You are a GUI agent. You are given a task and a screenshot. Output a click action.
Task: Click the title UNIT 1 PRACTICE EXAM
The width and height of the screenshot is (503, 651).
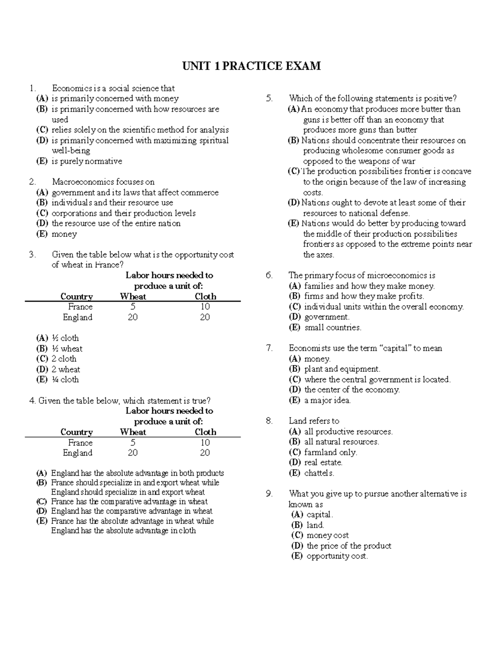point(251,66)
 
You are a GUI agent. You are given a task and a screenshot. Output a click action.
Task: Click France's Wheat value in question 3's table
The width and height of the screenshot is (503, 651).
point(133,307)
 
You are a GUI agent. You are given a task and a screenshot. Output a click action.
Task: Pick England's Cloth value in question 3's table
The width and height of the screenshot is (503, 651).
point(205,317)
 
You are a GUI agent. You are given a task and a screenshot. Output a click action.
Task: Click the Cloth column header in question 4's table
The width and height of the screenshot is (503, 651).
point(205,432)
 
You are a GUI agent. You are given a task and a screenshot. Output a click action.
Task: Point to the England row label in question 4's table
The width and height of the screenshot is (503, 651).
point(78,453)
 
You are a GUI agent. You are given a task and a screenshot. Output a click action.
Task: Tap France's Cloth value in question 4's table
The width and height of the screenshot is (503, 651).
point(205,443)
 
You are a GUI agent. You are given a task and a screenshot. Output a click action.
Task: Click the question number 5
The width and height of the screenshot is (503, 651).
point(269,99)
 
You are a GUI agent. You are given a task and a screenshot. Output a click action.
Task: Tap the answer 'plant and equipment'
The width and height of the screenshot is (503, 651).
point(342,369)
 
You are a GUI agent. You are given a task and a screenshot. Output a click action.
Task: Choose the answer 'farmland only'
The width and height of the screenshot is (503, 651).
point(330,452)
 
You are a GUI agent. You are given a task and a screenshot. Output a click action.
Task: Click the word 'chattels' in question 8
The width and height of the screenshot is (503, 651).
point(319,473)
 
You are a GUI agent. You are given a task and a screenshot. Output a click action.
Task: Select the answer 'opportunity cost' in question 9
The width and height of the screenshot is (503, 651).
point(337,556)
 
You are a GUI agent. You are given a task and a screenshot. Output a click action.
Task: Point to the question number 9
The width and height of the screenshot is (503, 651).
point(269,494)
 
